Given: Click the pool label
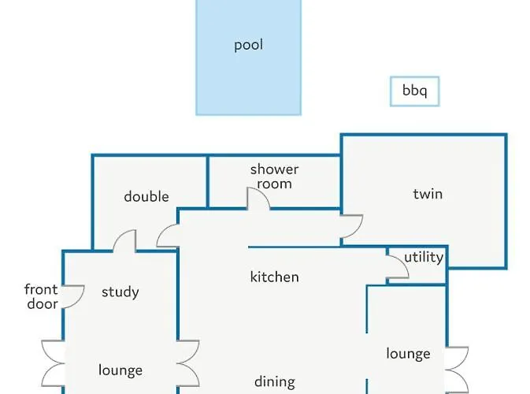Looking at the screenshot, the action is click(x=248, y=45).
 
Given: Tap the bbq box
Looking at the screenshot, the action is click(x=415, y=91).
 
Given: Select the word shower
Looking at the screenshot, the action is click(x=275, y=169).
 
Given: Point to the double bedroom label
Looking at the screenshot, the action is click(x=146, y=196).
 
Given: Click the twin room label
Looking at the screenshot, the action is click(x=428, y=194).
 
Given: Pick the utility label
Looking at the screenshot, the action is click(x=424, y=258).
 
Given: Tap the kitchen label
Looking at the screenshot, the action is click(x=275, y=277).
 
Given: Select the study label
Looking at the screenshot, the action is click(x=120, y=292).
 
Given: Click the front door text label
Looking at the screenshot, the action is click(x=42, y=296).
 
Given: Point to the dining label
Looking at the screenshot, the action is click(x=275, y=382).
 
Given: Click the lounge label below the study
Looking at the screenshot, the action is click(x=120, y=370).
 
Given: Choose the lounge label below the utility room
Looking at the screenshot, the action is click(x=408, y=354).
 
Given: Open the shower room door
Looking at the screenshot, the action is click(x=258, y=199).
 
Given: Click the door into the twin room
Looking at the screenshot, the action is click(x=351, y=226).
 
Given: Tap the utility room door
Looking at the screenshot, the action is click(x=398, y=267).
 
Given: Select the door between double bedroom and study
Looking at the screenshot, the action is click(x=124, y=241).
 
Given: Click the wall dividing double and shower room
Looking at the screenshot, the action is click(x=207, y=181).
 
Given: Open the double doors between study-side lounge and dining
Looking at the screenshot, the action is click(x=188, y=363).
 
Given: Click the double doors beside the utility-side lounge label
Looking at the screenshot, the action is click(x=457, y=370).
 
